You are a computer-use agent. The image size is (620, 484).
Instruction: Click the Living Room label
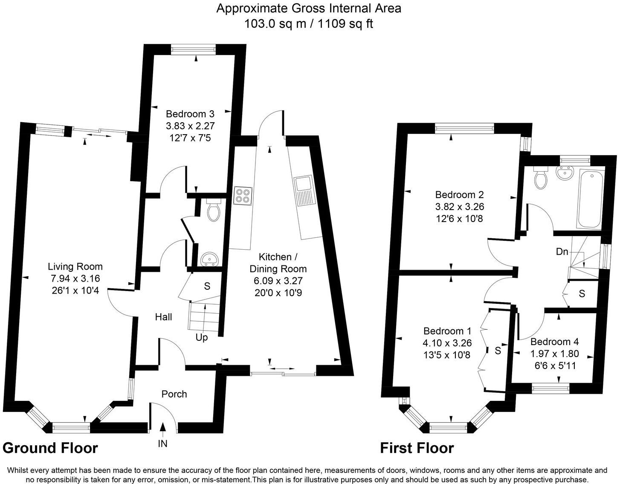(75, 267)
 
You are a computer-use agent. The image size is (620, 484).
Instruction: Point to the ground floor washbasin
(209, 258)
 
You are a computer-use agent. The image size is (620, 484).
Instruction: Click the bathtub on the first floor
(590, 198)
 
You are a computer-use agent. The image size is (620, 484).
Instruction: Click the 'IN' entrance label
(163, 444)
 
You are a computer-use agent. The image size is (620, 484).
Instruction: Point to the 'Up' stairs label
(202, 337)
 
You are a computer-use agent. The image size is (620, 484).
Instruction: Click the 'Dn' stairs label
(562, 251)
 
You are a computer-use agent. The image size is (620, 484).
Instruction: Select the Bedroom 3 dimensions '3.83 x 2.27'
(190, 126)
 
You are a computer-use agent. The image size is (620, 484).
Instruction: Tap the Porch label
(174, 394)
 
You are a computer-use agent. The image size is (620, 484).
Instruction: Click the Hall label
(163, 317)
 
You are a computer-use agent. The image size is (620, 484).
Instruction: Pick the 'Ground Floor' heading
(50, 448)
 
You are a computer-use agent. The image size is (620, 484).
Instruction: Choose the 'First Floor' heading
(417, 448)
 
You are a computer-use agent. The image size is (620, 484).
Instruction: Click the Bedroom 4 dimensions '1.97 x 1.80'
(554, 354)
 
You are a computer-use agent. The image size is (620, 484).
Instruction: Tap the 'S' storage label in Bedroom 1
(498, 350)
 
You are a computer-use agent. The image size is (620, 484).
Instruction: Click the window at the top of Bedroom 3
(194, 50)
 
